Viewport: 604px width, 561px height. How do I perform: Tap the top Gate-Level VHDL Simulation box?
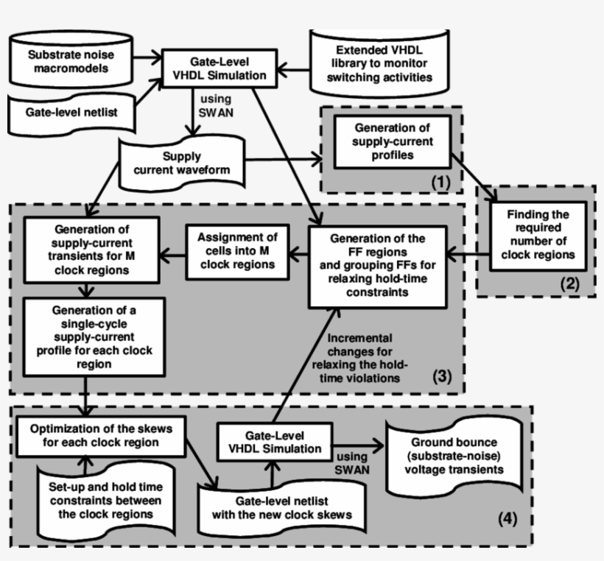208,70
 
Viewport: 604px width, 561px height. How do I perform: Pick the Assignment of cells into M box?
236,250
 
